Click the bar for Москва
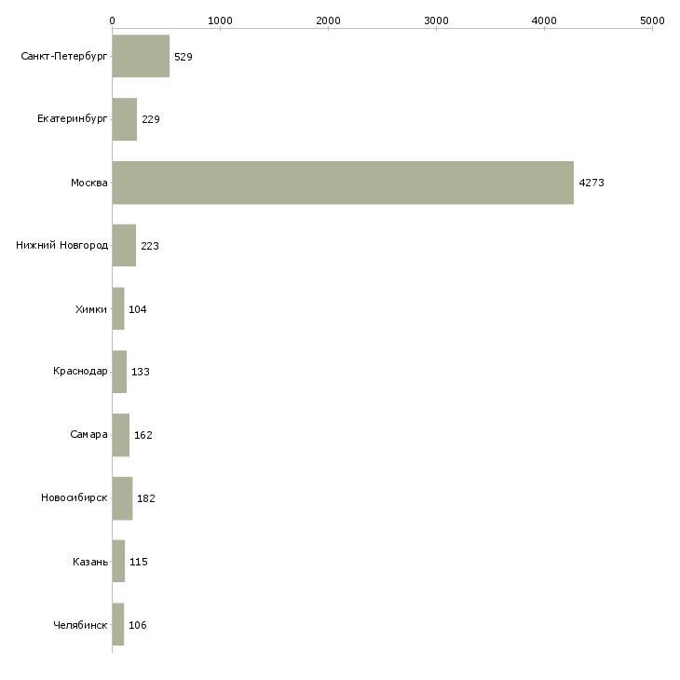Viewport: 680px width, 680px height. point(343,183)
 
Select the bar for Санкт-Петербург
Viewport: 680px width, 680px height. point(141,56)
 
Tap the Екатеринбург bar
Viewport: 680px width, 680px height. point(125,119)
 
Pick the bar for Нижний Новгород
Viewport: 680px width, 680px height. point(124,246)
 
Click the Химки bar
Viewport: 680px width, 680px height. point(118,308)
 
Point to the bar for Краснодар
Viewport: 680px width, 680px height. point(119,372)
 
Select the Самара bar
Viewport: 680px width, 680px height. point(121,435)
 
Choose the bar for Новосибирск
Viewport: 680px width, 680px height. point(122,498)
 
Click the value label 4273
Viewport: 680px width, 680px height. point(592,183)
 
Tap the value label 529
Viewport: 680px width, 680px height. point(184,57)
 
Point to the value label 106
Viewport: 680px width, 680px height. point(138,625)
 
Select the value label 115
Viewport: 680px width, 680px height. point(139,562)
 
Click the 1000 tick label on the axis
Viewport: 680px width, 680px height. point(220,20)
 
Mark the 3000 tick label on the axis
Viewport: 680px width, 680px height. point(436,20)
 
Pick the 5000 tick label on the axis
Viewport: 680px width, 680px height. point(652,20)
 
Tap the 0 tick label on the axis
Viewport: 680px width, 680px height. point(113,20)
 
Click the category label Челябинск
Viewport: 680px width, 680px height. point(80,625)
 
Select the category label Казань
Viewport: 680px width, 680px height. point(90,562)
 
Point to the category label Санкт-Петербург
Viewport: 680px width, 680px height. point(64,57)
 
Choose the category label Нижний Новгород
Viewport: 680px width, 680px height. point(62,246)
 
